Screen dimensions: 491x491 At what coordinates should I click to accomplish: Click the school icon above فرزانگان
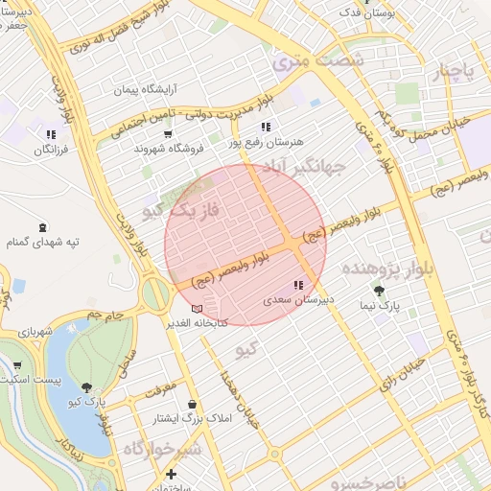(51, 135)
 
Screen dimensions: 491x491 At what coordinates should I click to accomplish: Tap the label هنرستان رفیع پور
(267, 141)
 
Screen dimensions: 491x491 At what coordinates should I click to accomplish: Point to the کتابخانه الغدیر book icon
(198, 309)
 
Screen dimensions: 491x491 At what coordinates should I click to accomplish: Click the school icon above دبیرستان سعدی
(298, 285)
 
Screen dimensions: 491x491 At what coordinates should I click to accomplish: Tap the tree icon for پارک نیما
(381, 290)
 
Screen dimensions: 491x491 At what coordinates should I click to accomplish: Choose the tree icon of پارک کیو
(88, 387)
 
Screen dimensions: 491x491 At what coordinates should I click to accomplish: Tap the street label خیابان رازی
(398, 370)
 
